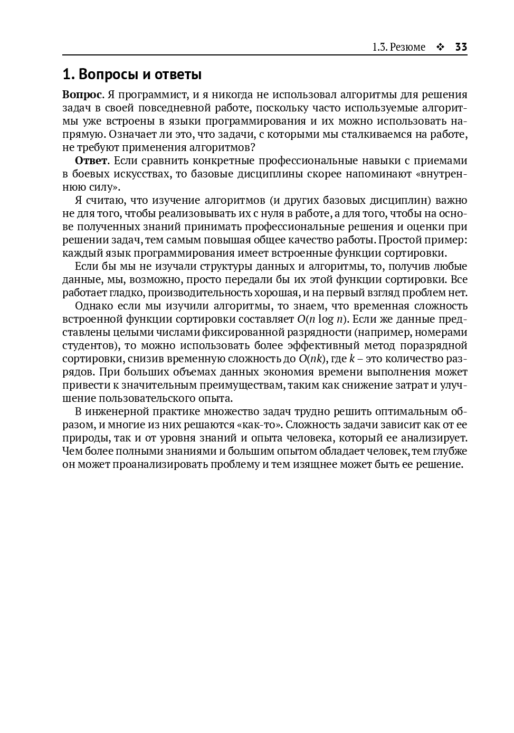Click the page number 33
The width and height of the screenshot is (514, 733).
[461, 47]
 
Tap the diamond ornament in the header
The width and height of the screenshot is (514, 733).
[440, 47]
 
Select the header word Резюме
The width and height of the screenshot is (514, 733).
[407, 47]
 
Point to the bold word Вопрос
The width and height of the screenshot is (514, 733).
[82, 95]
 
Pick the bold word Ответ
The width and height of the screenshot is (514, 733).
[91, 161]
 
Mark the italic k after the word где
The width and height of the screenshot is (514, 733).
[351, 359]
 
